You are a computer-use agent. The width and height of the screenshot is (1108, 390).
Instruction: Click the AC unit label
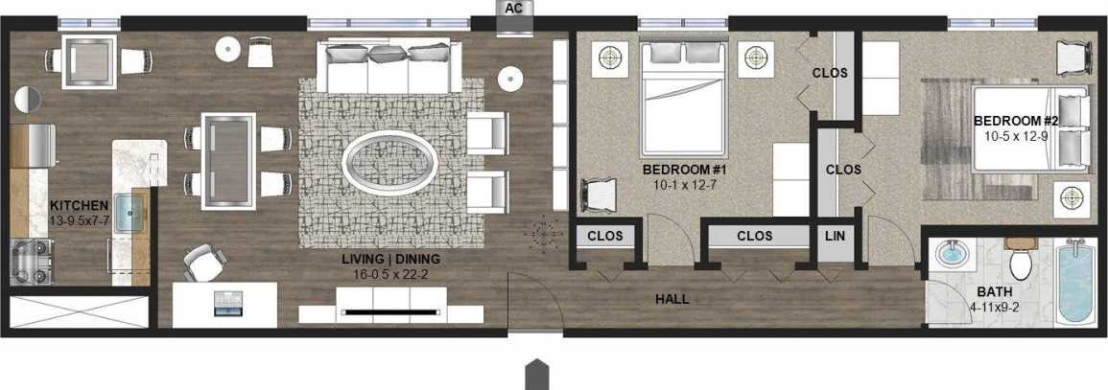click(512, 7)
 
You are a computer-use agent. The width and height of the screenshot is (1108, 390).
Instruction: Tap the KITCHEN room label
click(79, 206)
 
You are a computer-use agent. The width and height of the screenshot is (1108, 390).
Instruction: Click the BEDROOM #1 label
click(686, 170)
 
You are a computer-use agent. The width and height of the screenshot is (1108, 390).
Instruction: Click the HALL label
click(672, 299)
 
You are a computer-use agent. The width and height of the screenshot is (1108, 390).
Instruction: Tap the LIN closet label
click(833, 235)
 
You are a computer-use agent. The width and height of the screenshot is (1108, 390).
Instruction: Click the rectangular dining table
click(227, 160)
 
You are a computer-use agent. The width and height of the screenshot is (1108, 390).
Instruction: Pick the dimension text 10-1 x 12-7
click(686, 184)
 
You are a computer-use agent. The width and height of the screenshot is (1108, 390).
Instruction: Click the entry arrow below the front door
click(537, 374)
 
